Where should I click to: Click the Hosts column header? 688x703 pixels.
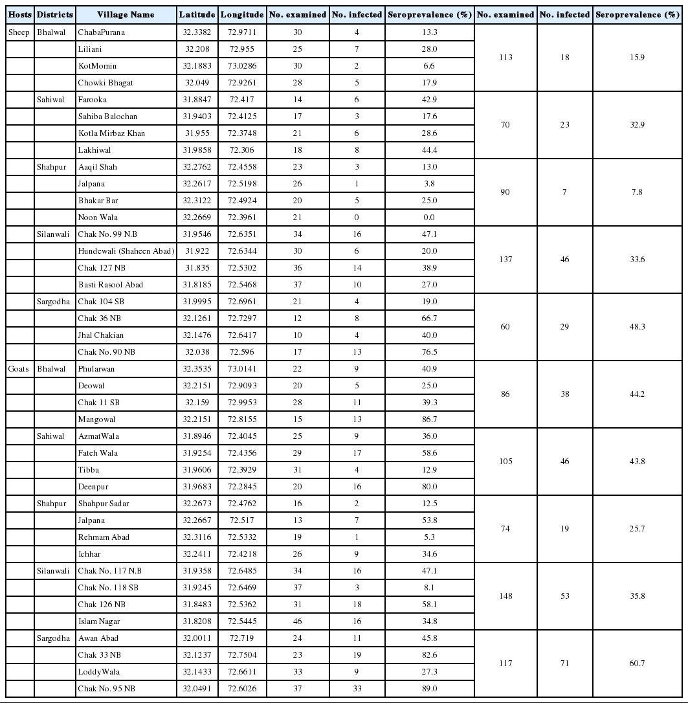coord(20,14)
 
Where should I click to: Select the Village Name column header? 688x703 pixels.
coord(126,14)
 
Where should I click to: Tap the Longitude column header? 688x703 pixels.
coord(241,14)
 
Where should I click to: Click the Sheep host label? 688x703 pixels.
coord(19,32)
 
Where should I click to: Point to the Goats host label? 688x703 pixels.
coord(19,369)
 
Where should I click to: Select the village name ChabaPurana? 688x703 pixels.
coord(102,32)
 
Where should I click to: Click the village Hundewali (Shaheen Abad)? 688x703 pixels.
coord(126,251)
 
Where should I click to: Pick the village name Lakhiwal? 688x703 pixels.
coord(94,150)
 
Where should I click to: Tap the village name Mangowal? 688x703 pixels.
coord(97,419)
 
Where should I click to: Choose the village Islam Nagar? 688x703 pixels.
coord(100,621)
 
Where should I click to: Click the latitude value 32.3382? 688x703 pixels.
coord(197,32)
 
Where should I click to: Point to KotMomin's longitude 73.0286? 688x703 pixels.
coord(241,66)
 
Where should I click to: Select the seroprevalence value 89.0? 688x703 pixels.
coord(429,689)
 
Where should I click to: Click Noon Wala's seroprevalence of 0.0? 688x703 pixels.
coord(429,218)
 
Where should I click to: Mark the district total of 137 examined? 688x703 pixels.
coord(505,260)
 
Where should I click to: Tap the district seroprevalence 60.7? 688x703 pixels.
coord(638,664)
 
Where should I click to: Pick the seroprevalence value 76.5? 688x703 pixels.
coord(429,352)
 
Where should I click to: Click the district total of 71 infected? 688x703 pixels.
coord(564,664)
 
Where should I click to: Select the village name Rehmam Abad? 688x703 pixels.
coord(104,537)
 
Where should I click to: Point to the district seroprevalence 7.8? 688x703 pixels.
coord(638,192)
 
